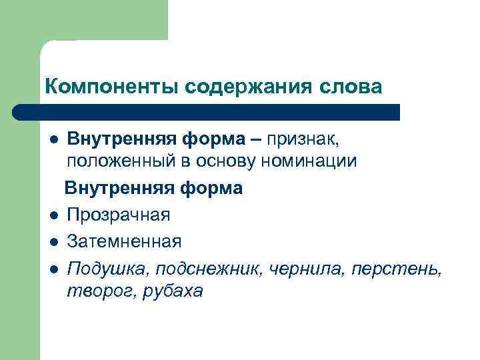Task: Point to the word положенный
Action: coord(115,161)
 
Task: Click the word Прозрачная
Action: coord(119,215)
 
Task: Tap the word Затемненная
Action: coord(124,240)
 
